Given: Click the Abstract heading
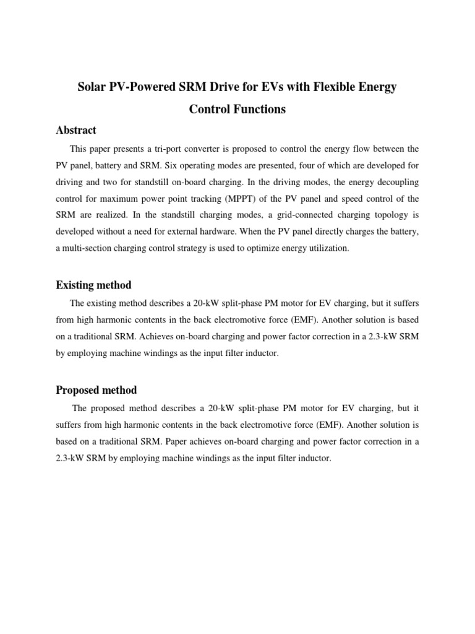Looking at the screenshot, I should pos(76,130).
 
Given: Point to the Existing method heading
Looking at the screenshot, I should pos(93,285).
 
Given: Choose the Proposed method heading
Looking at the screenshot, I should pos(96,390).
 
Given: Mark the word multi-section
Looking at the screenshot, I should pos(90,248).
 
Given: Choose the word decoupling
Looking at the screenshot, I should pos(395,183).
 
